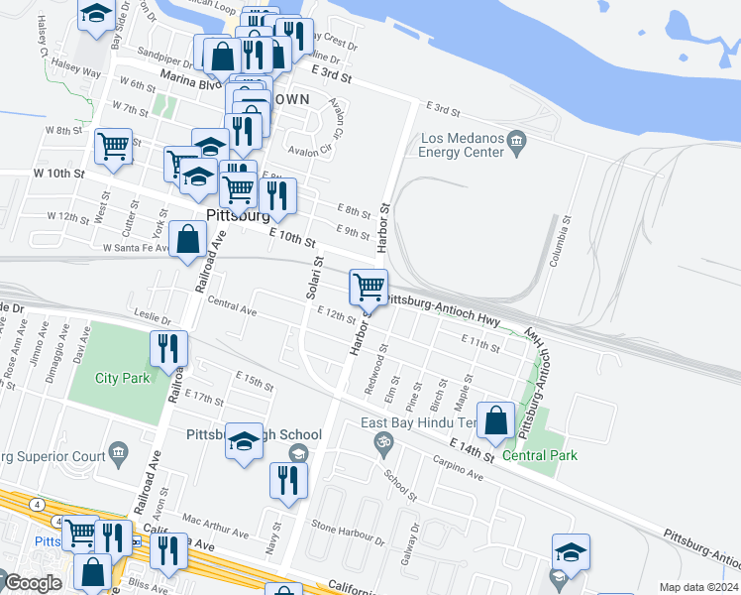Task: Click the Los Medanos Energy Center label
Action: pyautogui.click(x=462, y=145)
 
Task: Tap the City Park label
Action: pyautogui.click(x=122, y=378)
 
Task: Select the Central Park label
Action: pyautogui.click(x=539, y=455)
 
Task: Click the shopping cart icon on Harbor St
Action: pyautogui.click(x=369, y=287)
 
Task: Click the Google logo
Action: pyautogui.click(x=33, y=583)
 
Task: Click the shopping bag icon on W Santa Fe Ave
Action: pyautogui.click(x=187, y=238)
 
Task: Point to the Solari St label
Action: pyautogui.click(x=315, y=278)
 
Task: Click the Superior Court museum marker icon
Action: pyautogui.click(x=118, y=454)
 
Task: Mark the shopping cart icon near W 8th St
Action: pyautogui.click(x=113, y=146)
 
